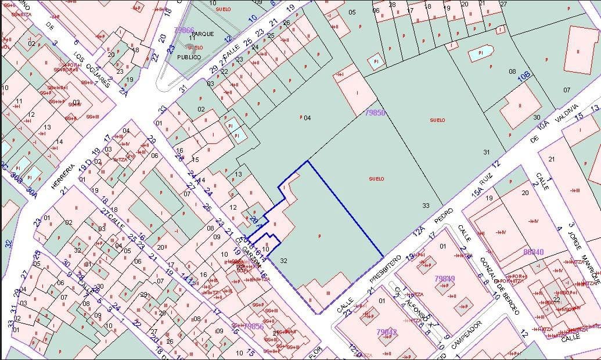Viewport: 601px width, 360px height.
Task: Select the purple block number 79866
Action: tap(184, 30)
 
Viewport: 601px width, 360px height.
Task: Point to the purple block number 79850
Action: tap(375, 113)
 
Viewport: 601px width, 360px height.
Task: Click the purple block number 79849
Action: tap(444, 279)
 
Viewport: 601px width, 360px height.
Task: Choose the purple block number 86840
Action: tap(534, 252)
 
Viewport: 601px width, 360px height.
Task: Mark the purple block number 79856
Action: tap(254, 326)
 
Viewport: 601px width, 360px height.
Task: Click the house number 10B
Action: tap(524, 75)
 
